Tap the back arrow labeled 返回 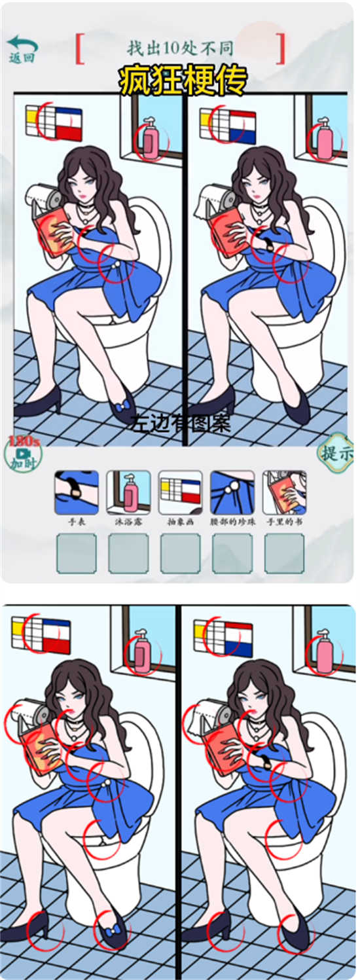(x=22, y=48)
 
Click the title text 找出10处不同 (x=180, y=48)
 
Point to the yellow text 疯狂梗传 (x=183, y=81)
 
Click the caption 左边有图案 (x=180, y=424)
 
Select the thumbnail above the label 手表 (x=77, y=492)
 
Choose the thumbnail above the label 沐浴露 (x=128, y=492)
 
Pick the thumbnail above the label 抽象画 (x=180, y=492)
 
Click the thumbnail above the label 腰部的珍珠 (x=232, y=492)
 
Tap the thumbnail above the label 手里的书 (x=284, y=492)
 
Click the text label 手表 (x=77, y=523)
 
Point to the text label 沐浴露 (x=128, y=523)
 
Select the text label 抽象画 (x=180, y=523)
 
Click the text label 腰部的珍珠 (x=232, y=523)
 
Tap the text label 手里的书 (x=284, y=523)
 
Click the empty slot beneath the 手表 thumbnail (x=77, y=554)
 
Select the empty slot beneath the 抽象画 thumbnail (x=180, y=554)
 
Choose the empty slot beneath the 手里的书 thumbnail (x=284, y=554)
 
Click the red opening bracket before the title (x=80, y=48)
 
